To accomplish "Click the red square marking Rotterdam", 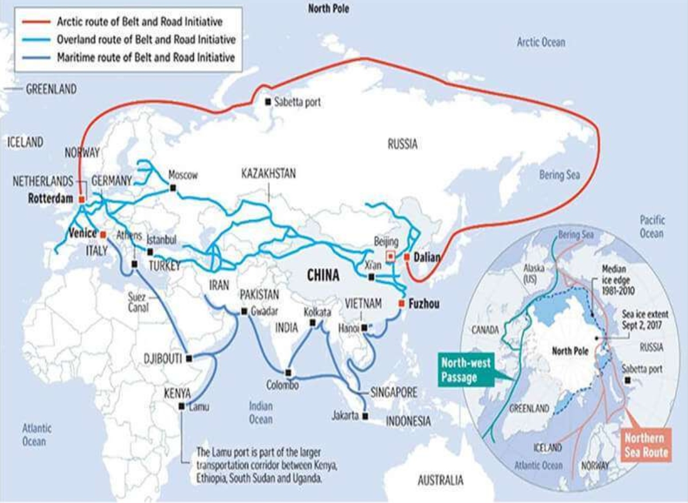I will click(81, 198).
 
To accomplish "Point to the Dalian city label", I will click(427, 258).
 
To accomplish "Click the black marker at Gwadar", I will click(244, 311).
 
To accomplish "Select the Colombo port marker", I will click(288, 371).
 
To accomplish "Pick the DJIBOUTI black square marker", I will click(190, 358).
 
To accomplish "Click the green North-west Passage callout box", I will click(466, 370).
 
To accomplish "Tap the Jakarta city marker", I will click(366, 416).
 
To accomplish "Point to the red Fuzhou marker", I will click(401, 303).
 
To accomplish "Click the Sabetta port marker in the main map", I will click(267, 102).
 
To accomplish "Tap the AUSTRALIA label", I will click(440, 479).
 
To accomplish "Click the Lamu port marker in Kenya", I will click(182, 406).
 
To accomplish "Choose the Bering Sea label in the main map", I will click(559, 175).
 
